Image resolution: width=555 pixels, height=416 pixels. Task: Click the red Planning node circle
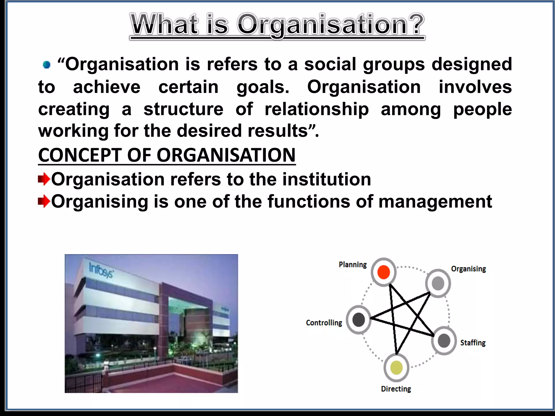tap(383, 272)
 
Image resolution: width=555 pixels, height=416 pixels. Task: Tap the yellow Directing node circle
tap(396, 368)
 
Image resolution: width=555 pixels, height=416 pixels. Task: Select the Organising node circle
tap(438, 283)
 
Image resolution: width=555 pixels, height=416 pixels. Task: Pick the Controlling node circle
tap(359, 320)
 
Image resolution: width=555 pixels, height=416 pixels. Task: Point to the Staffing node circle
tap(444, 341)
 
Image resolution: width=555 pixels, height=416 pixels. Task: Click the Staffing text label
tap(473, 343)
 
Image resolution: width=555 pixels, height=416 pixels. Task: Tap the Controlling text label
tap(324, 323)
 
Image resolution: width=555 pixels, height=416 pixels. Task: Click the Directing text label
tap(396, 389)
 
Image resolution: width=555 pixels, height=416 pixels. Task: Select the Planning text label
tap(353, 265)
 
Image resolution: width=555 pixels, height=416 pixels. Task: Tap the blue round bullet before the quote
tap(47, 65)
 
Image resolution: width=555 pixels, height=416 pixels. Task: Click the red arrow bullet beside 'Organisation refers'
tap(44, 180)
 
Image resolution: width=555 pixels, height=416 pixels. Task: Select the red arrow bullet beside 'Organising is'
tap(44, 202)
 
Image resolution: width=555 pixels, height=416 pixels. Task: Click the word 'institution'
tap(326, 180)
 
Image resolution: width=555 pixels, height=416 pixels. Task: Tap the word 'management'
tap(435, 202)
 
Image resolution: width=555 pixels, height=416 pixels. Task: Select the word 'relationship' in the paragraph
tap(317, 109)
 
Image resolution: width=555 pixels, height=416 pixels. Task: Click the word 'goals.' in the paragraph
tap(263, 87)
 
